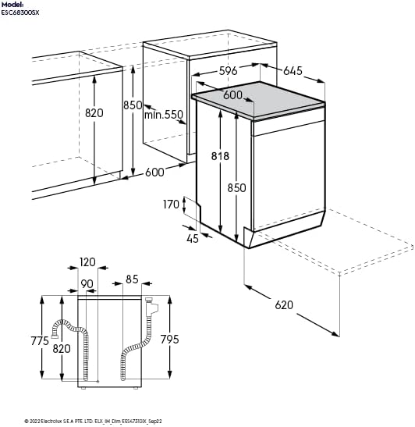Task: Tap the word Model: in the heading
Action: tap(12, 4)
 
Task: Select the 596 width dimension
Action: tap(228, 71)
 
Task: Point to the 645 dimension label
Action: tap(293, 71)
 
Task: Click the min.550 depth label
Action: tap(163, 115)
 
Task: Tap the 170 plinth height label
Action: tap(171, 205)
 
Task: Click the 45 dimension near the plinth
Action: tap(193, 238)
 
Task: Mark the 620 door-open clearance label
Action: tap(284, 305)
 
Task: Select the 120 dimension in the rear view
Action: tap(87, 262)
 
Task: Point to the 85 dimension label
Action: tap(132, 279)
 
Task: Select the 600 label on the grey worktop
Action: tap(233, 94)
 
